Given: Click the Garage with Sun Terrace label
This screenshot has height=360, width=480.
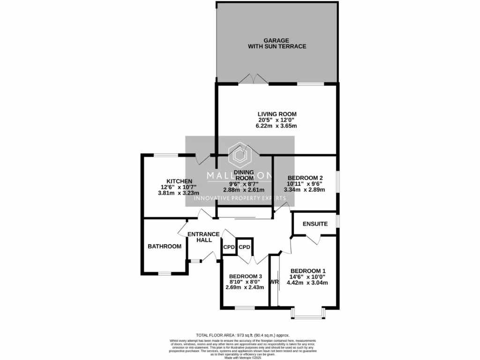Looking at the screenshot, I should [277, 44].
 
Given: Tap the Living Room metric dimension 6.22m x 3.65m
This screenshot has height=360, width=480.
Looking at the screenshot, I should [277, 126].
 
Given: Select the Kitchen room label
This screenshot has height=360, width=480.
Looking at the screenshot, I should [179, 181].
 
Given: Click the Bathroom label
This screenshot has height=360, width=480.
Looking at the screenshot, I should [165, 247].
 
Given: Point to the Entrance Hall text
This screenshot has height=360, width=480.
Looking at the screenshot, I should [203, 237].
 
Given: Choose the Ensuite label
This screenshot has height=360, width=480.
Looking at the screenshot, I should [315, 224].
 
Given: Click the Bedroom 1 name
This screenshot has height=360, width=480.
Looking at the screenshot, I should [308, 271].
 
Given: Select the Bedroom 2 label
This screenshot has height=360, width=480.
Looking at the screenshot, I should [305, 178].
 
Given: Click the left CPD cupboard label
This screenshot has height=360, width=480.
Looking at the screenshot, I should [229, 247].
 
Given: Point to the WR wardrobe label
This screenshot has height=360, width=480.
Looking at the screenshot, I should [274, 282].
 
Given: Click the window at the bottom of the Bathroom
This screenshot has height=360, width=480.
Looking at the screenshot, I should [165, 273].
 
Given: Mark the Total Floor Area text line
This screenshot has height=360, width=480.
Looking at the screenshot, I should [243, 335].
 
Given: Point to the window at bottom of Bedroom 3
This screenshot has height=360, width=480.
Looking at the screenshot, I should [244, 308].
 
